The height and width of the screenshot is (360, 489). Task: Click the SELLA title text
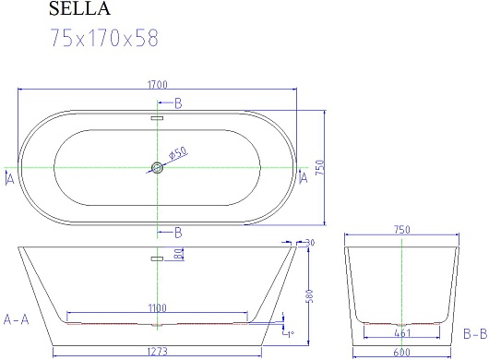79,8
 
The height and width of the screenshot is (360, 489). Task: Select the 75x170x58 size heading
104,38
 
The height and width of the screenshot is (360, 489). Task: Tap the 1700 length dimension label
157,85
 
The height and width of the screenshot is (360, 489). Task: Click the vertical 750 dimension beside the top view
320,167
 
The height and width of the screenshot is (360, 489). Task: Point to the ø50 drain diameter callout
178,153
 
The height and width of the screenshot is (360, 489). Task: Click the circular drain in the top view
157,168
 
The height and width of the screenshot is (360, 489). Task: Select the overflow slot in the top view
157,118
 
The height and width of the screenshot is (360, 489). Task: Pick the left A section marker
10,179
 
